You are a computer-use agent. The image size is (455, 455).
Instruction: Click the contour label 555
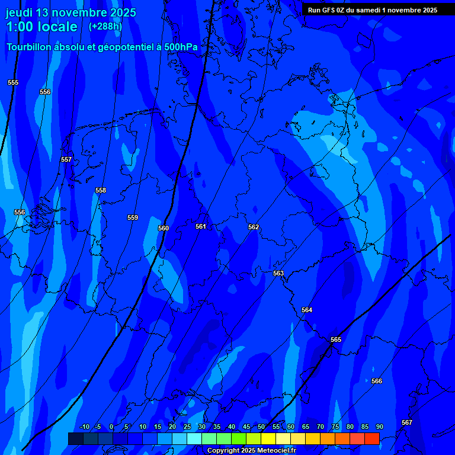(13, 82)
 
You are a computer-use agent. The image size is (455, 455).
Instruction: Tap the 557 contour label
(66, 159)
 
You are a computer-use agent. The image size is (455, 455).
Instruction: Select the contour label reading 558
(101, 190)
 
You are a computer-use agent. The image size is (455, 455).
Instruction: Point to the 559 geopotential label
(133, 217)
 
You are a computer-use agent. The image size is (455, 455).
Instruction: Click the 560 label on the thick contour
(164, 228)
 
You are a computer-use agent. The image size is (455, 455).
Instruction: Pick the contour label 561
(201, 226)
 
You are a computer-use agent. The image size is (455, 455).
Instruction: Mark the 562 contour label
(254, 227)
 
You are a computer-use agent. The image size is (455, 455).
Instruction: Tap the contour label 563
(278, 273)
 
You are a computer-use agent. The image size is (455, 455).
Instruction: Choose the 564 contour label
(307, 310)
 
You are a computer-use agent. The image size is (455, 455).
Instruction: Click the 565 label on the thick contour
(336, 339)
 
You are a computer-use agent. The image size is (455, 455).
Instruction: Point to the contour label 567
(407, 422)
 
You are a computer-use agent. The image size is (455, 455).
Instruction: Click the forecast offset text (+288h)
(105, 27)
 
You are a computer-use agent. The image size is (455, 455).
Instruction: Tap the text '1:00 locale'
(41, 27)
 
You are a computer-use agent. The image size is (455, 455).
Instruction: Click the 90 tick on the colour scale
(379, 427)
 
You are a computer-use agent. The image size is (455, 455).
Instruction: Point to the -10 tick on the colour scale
(84, 427)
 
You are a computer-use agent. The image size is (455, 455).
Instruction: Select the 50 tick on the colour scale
(261, 427)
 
